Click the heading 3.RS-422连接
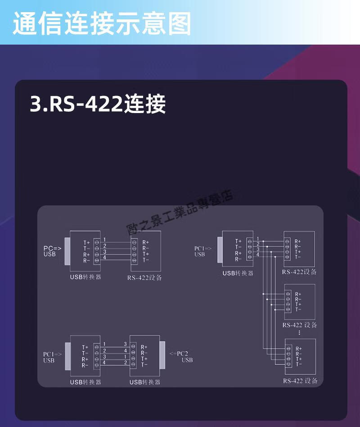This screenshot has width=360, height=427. (x=98, y=104)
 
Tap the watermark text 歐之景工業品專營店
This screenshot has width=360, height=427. (x=180, y=209)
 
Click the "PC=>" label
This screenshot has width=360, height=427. (x=52, y=248)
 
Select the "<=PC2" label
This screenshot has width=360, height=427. (x=180, y=353)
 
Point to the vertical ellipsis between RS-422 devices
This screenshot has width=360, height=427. (x=299, y=332)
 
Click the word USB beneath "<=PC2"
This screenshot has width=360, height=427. (x=187, y=360)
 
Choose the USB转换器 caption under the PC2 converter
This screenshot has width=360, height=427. (x=145, y=382)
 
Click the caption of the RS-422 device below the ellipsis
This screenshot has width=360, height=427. (x=300, y=381)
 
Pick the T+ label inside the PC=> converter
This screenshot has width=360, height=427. (x=86, y=242)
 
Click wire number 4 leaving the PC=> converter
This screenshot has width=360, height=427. (x=104, y=257)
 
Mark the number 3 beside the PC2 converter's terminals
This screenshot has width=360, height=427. (x=126, y=345)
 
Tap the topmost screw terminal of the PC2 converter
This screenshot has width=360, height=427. (x=134, y=347)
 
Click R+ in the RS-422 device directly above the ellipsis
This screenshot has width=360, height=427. (x=298, y=294)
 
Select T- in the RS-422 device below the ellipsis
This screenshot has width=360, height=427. (x=298, y=364)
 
